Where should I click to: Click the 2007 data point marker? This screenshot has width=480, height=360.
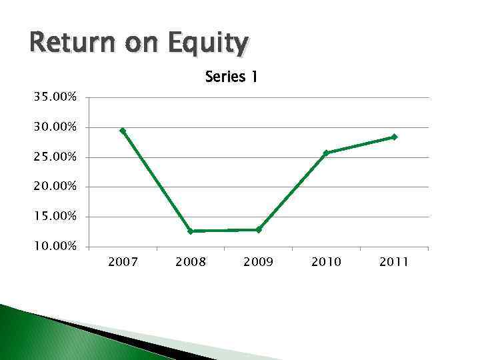(x=123, y=131)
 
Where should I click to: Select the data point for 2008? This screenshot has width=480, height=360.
(x=191, y=231)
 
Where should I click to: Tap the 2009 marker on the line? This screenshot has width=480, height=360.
(x=259, y=230)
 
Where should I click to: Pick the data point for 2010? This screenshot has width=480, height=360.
(x=326, y=153)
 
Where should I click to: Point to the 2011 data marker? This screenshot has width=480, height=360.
(x=394, y=137)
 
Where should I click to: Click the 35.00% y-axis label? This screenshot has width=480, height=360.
(x=55, y=97)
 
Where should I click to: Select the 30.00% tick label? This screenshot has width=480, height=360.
(x=55, y=127)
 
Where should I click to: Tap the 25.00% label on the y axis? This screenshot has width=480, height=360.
(x=55, y=157)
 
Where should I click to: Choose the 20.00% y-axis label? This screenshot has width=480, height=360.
(x=55, y=187)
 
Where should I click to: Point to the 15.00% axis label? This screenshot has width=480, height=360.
(x=55, y=217)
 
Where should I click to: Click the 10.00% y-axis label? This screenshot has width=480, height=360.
(x=55, y=247)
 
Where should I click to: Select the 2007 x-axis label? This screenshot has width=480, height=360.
(x=123, y=262)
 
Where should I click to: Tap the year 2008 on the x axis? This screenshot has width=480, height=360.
(x=191, y=262)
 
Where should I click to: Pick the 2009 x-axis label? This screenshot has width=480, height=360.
(x=259, y=262)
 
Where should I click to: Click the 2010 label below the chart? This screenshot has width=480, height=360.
(x=326, y=262)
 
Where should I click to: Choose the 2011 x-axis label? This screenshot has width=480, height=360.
(x=394, y=262)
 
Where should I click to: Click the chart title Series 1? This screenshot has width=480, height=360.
(x=231, y=77)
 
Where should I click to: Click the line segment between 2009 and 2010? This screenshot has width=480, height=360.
(x=292, y=191)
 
